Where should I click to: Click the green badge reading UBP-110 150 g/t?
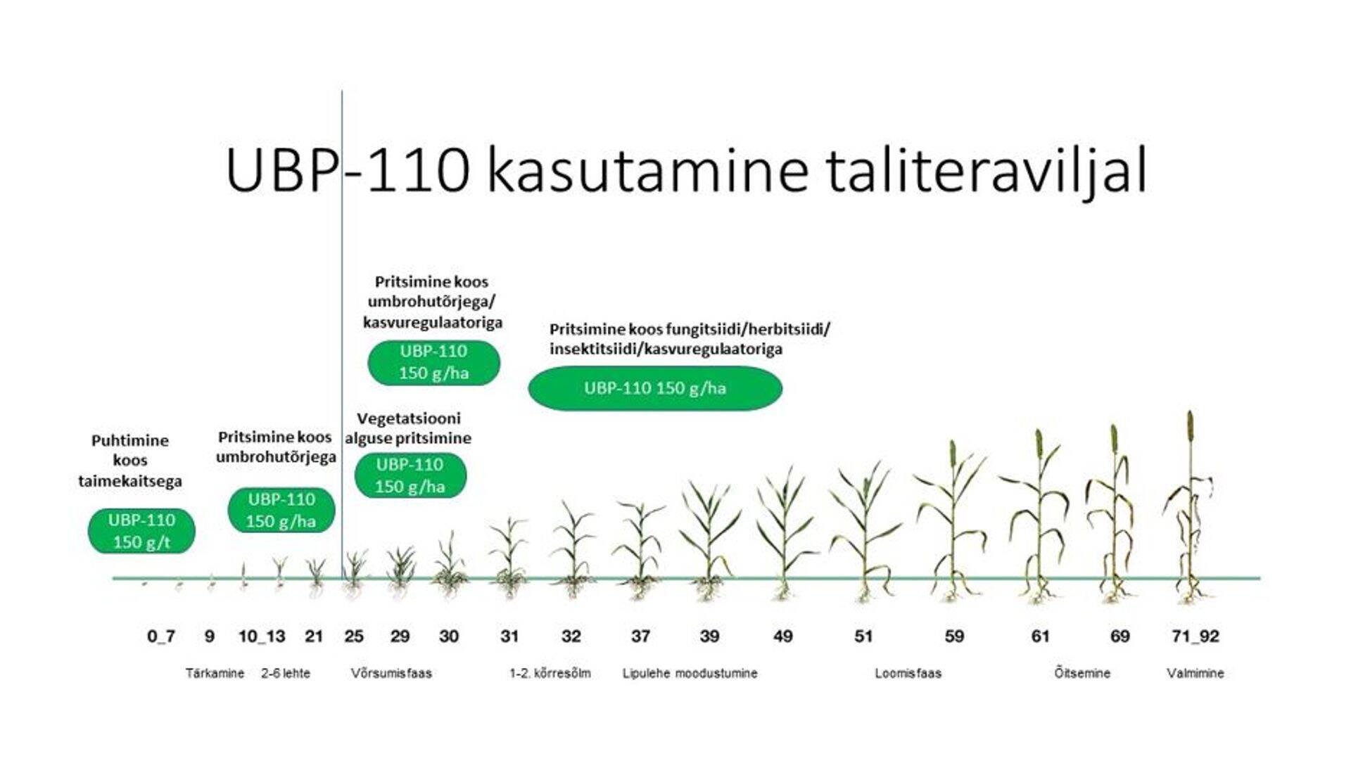tap(141, 531)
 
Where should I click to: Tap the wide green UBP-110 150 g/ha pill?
tap(655, 388)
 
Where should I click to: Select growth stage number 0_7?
tap(161, 636)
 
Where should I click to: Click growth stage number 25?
tap(354, 636)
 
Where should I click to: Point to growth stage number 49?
tap(782, 636)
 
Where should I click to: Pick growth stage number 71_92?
tap(1195, 636)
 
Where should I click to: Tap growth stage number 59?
tap(954, 636)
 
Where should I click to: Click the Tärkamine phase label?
tap(215, 673)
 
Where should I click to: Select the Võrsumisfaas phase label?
tap(391, 673)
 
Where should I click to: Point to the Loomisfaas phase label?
tap(908, 673)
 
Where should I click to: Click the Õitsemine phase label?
tap(1082, 673)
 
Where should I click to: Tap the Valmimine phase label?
tap(1195, 673)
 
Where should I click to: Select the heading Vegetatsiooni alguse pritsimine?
tap(408, 428)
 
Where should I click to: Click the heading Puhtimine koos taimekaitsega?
tap(130, 461)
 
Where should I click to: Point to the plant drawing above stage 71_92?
tap(1190, 506)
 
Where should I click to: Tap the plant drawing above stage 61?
tap(1039, 516)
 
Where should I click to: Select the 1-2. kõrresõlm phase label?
tap(550, 673)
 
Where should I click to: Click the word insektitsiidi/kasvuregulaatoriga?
tap(666, 349)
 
